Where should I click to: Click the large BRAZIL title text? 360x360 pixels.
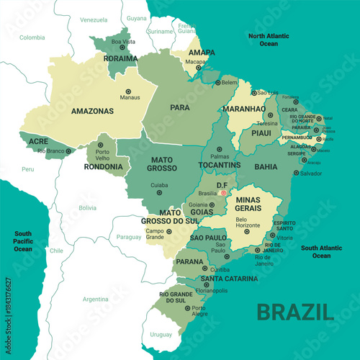click(x=295, y=312)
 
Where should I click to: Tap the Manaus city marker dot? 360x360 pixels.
click(x=129, y=91)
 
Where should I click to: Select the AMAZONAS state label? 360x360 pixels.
click(x=92, y=112)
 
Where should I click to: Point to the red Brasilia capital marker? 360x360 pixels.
click(x=223, y=193)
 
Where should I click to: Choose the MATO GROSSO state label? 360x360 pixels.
click(x=163, y=163)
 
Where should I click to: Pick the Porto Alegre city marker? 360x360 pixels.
click(x=189, y=308)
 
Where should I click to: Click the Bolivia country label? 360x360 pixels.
click(x=87, y=207)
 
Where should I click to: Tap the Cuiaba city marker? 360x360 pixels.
click(x=159, y=192)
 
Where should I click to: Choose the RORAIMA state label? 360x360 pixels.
click(x=120, y=58)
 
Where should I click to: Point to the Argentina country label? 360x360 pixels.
click(x=95, y=298)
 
